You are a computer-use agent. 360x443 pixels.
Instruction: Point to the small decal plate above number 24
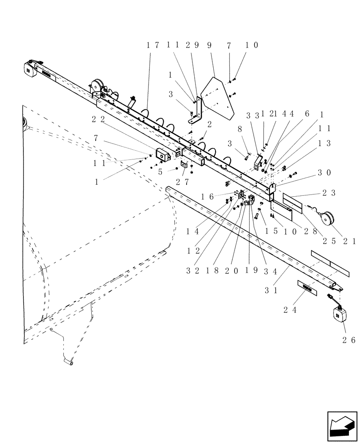point(305,287)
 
